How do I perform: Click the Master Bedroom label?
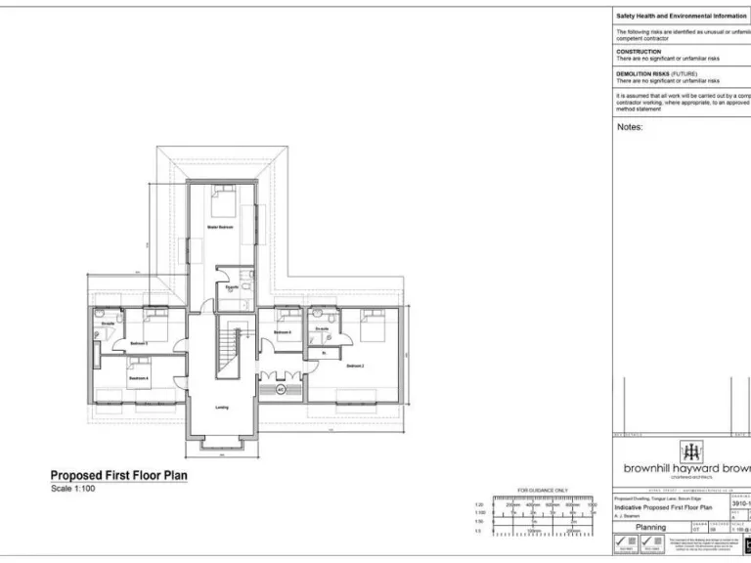(x=219, y=227)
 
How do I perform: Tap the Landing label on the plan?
(x=222, y=408)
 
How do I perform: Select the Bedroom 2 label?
(x=355, y=366)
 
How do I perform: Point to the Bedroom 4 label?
(x=139, y=378)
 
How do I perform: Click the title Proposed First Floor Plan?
(x=118, y=476)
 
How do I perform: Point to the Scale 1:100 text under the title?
(x=72, y=488)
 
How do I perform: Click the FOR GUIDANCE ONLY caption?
(x=543, y=491)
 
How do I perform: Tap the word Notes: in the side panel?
(x=630, y=127)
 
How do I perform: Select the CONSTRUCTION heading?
(x=639, y=52)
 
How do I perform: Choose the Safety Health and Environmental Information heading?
(x=681, y=17)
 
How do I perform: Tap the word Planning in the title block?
(x=650, y=526)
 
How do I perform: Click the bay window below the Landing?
(x=223, y=445)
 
